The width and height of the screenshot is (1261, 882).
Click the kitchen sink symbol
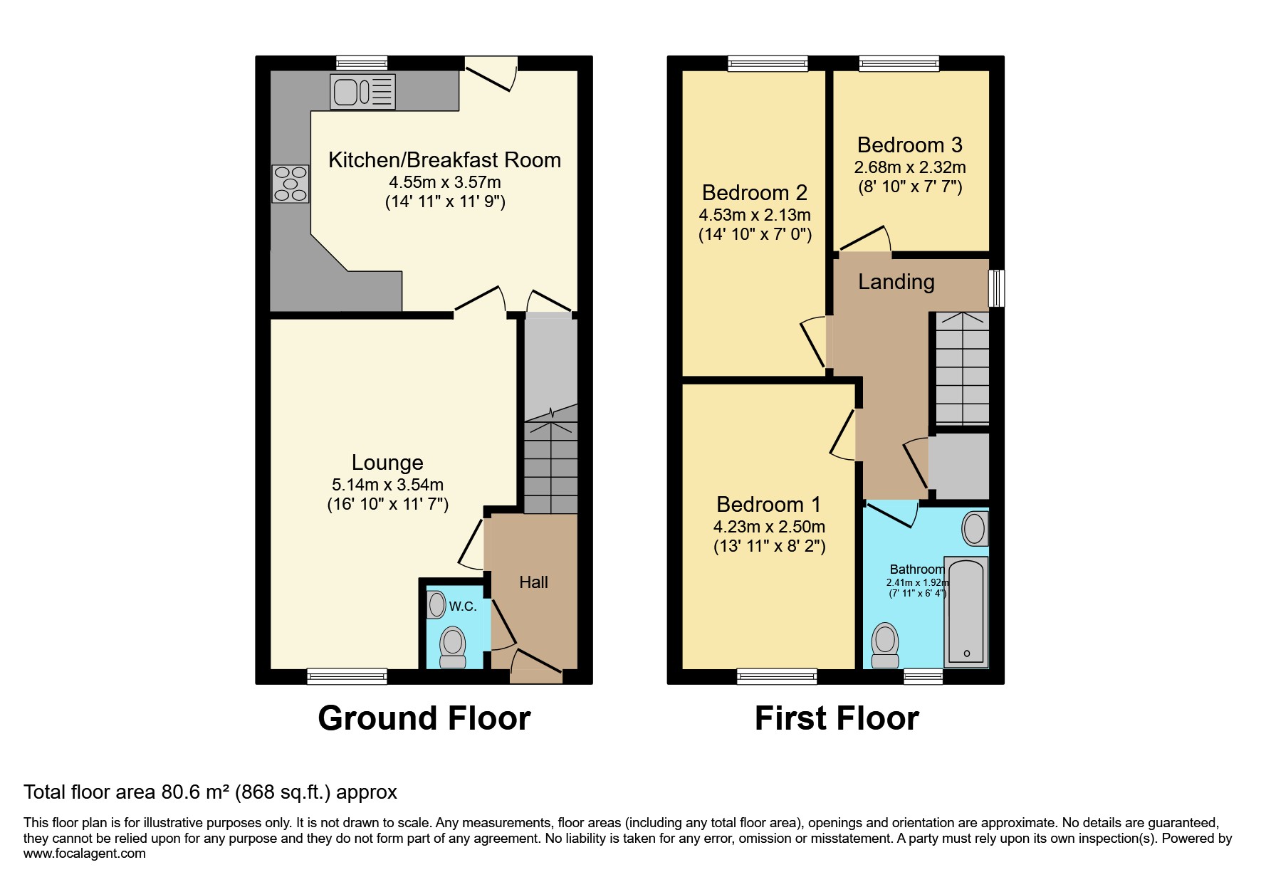362,92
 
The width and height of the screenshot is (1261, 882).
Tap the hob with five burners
290,184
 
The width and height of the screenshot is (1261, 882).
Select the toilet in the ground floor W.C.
452,646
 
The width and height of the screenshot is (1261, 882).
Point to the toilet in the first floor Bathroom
885,644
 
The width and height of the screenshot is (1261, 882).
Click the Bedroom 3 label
909,145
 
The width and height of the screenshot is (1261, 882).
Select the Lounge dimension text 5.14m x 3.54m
387,485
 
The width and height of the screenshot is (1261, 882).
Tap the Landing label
896,282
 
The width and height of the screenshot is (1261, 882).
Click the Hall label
533,582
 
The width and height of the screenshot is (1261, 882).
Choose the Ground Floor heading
424,718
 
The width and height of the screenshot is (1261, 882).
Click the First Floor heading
837,718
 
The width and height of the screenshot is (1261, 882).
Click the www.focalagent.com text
84,854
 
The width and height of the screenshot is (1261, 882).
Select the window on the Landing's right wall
997,288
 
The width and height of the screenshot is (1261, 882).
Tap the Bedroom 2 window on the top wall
768,63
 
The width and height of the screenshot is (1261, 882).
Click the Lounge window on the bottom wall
347,676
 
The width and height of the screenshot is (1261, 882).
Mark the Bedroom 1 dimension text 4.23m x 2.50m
769,527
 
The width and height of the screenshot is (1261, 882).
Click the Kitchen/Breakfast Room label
444,160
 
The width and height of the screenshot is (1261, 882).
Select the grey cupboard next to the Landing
958,466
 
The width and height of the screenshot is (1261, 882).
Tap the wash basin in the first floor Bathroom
974,529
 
